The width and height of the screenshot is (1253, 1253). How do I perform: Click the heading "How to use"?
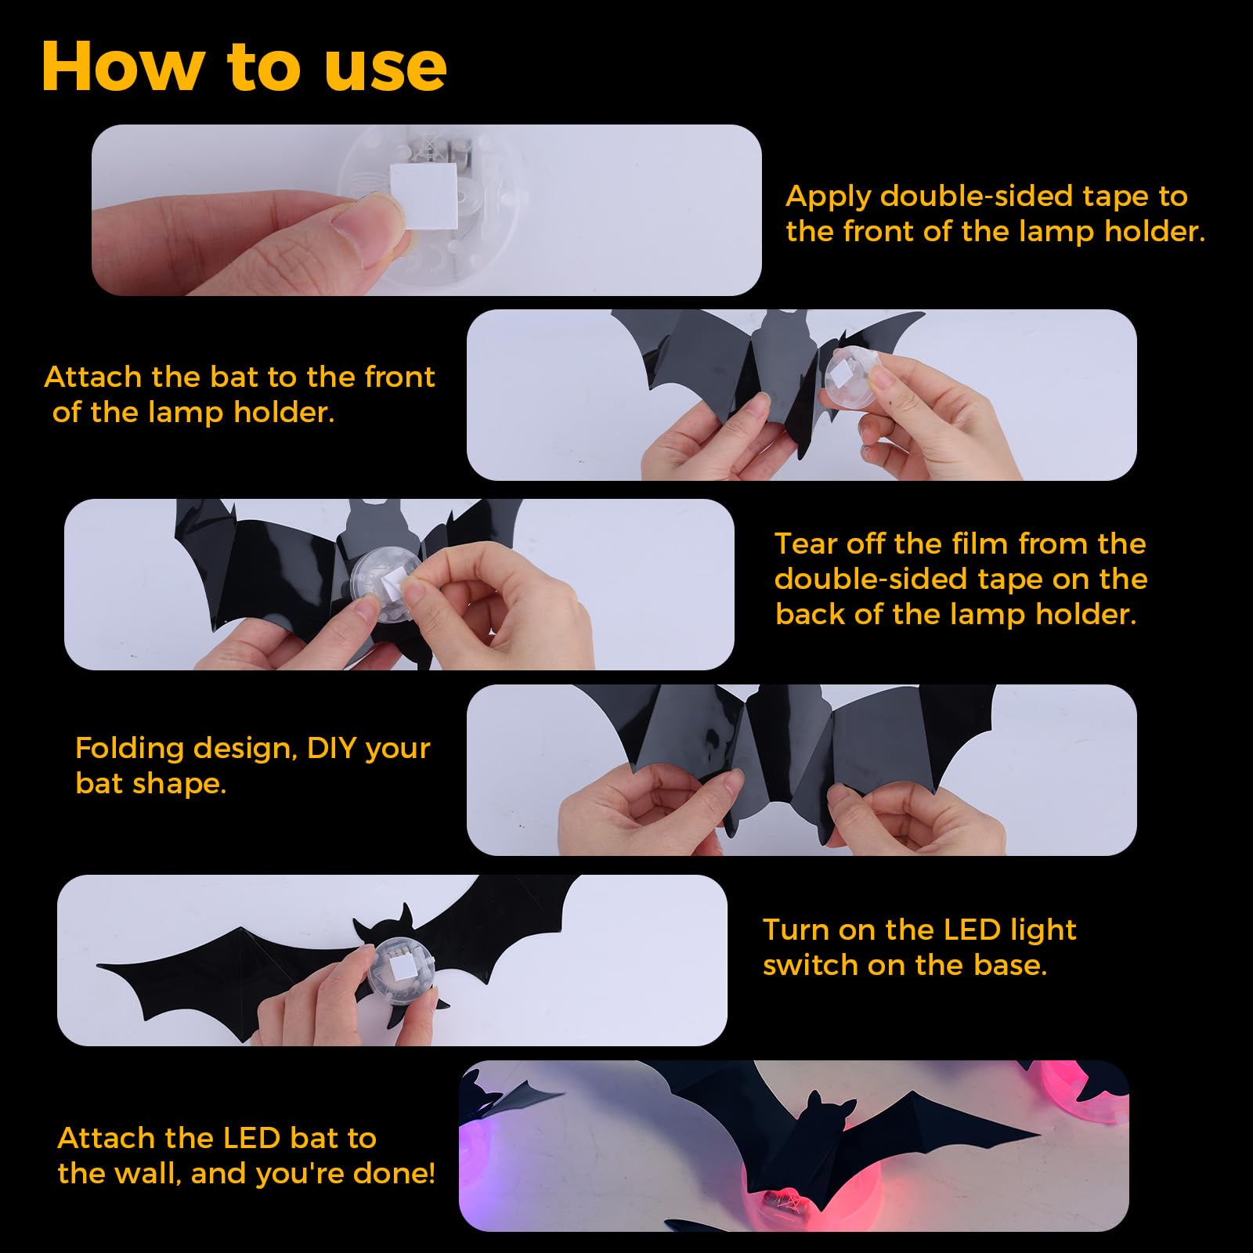pyautogui.click(x=244, y=67)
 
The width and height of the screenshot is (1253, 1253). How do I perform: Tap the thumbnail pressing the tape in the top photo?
pyautogui.click(x=366, y=227)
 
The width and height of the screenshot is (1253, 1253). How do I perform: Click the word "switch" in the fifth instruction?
pyautogui.click(x=811, y=965)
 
